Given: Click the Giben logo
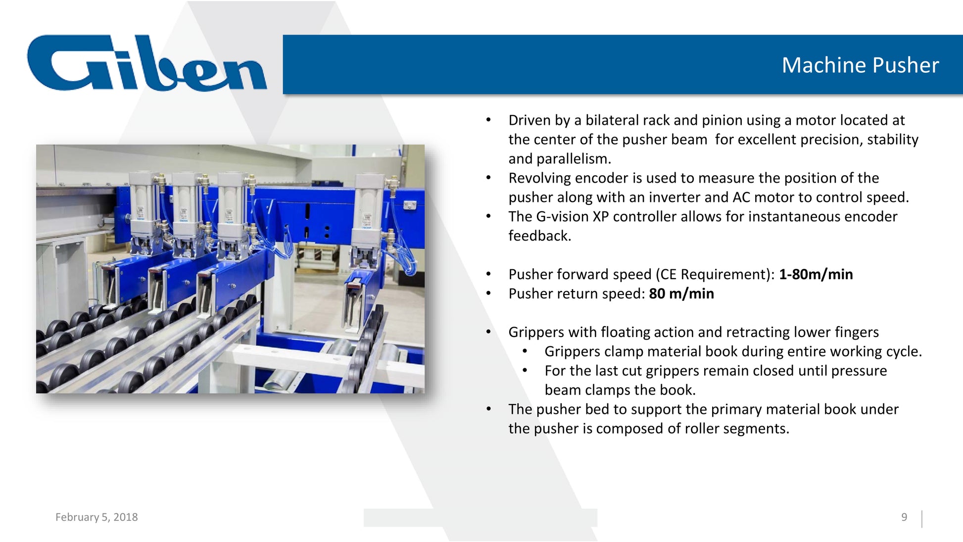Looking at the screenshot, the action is (147, 63).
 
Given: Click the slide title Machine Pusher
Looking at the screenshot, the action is (860, 65).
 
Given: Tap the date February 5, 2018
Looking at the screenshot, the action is (96, 517).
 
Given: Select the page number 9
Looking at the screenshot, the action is (904, 517).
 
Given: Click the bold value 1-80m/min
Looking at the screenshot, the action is (816, 274).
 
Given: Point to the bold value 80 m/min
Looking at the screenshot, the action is (681, 294).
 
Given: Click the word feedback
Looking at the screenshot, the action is (540, 236).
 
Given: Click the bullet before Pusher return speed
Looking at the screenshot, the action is (488, 294).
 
